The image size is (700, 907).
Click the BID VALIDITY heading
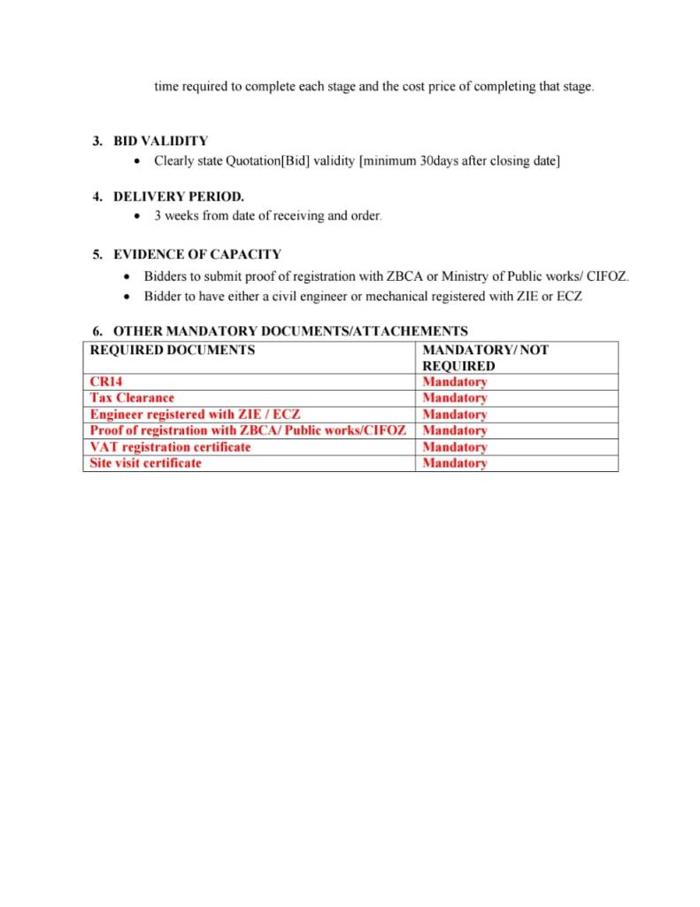160,141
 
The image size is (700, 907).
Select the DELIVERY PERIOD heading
178,197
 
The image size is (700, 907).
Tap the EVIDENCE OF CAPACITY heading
196,254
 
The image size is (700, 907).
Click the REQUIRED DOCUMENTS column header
173,350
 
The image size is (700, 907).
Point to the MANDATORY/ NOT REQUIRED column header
485,358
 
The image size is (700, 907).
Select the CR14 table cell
106,382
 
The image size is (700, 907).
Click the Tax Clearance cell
132,398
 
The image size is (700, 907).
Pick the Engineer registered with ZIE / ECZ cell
195,415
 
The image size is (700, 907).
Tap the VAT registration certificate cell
170,446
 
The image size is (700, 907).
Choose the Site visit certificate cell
145,463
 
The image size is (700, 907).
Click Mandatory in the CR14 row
455,382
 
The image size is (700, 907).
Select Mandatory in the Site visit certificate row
455,463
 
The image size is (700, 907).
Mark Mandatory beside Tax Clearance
455,398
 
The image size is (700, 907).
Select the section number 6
97,331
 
